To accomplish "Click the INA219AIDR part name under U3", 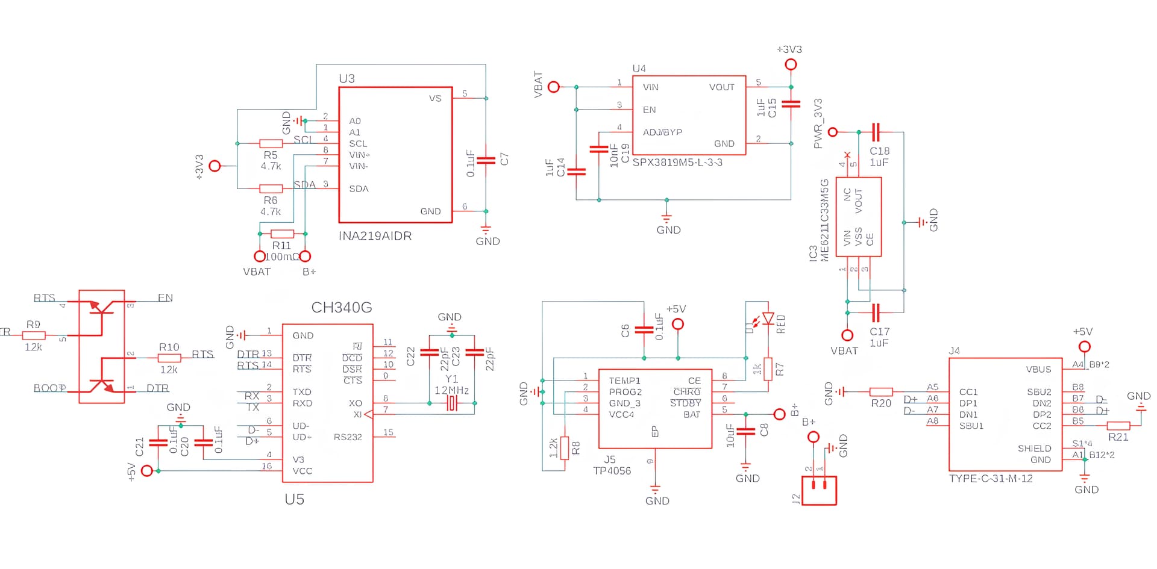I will pos(375,236).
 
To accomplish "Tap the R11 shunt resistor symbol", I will pos(282,234).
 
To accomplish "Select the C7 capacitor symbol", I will pos(486,160).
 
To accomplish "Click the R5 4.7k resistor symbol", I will pos(271,143).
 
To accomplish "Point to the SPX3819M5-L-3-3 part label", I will pos(677,163).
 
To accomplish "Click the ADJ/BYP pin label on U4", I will pos(662,132).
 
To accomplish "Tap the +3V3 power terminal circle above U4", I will pos(791,64).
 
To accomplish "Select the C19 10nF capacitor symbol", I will pos(598,149).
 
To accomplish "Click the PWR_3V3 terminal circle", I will pos(833,132).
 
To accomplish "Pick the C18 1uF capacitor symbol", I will pos(876,132).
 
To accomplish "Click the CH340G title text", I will pos(341,308).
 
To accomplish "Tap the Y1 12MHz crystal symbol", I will pos(452,403).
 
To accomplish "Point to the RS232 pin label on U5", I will pos(348,437).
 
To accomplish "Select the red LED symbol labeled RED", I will pos(768,319).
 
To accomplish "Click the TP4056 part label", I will pos(612,471).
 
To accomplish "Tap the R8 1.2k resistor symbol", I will pos(565,448).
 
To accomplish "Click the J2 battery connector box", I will pos(819,490).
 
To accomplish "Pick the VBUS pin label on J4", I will pos(1038,369).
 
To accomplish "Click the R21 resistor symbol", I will pos(1118,426).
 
